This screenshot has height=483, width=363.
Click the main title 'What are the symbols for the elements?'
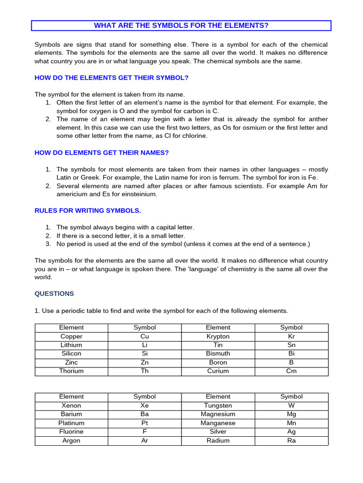point(181,25)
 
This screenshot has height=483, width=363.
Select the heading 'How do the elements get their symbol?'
point(112,77)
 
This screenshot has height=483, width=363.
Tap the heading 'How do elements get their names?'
point(102,152)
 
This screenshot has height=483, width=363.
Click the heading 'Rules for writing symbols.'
point(88,210)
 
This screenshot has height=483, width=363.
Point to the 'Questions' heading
point(54,293)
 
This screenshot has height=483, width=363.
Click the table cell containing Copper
point(71,336)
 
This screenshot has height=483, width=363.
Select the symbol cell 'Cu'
point(145,336)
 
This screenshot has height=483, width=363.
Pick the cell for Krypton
point(218,336)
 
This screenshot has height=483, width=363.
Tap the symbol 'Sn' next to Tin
point(291,345)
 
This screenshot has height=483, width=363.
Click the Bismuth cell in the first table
point(218,353)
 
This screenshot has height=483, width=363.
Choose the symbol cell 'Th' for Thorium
point(145,371)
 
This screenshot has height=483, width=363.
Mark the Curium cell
point(218,371)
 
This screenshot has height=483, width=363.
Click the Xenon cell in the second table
point(71,405)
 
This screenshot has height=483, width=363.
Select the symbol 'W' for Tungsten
point(291,405)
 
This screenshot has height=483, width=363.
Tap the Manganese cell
point(218,423)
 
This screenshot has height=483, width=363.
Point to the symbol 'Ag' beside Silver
point(291,432)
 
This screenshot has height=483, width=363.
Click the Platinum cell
point(71,423)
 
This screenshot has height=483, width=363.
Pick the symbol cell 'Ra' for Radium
point(291,441)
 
